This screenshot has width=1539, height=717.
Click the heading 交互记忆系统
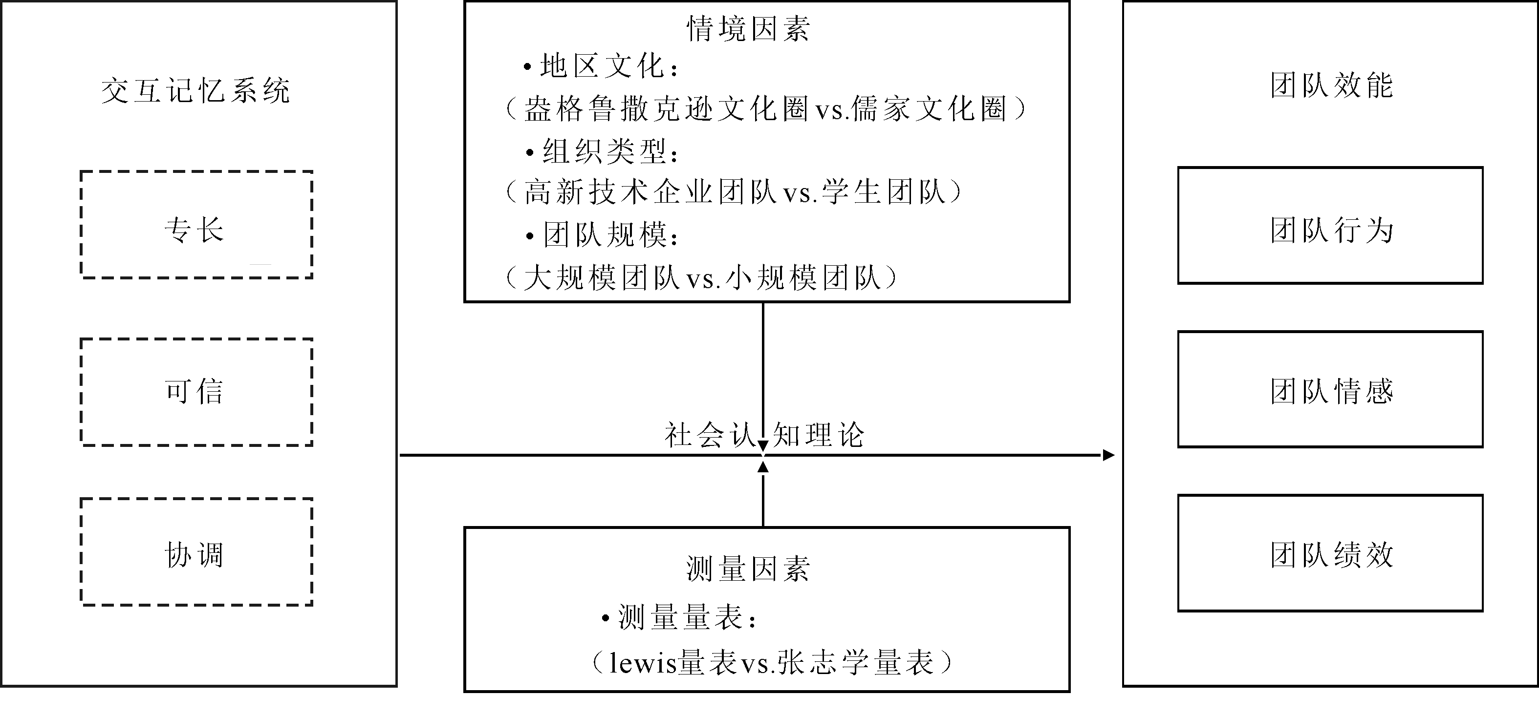click(x=196, y=91)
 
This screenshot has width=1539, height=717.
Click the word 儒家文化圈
click(x=930, y=108)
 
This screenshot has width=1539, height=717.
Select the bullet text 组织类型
click(x=604, y=151)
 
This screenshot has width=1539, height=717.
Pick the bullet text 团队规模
click(x=604, y=234)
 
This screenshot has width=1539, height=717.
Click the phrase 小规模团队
click(x=803, y=277)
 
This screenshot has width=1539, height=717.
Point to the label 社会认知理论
click(x=765, y=435)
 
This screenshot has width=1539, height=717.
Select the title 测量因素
click(x=748, y=569)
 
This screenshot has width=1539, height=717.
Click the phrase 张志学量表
click(x=856, y=663)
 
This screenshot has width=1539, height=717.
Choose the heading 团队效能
click(x=1332, y=85)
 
